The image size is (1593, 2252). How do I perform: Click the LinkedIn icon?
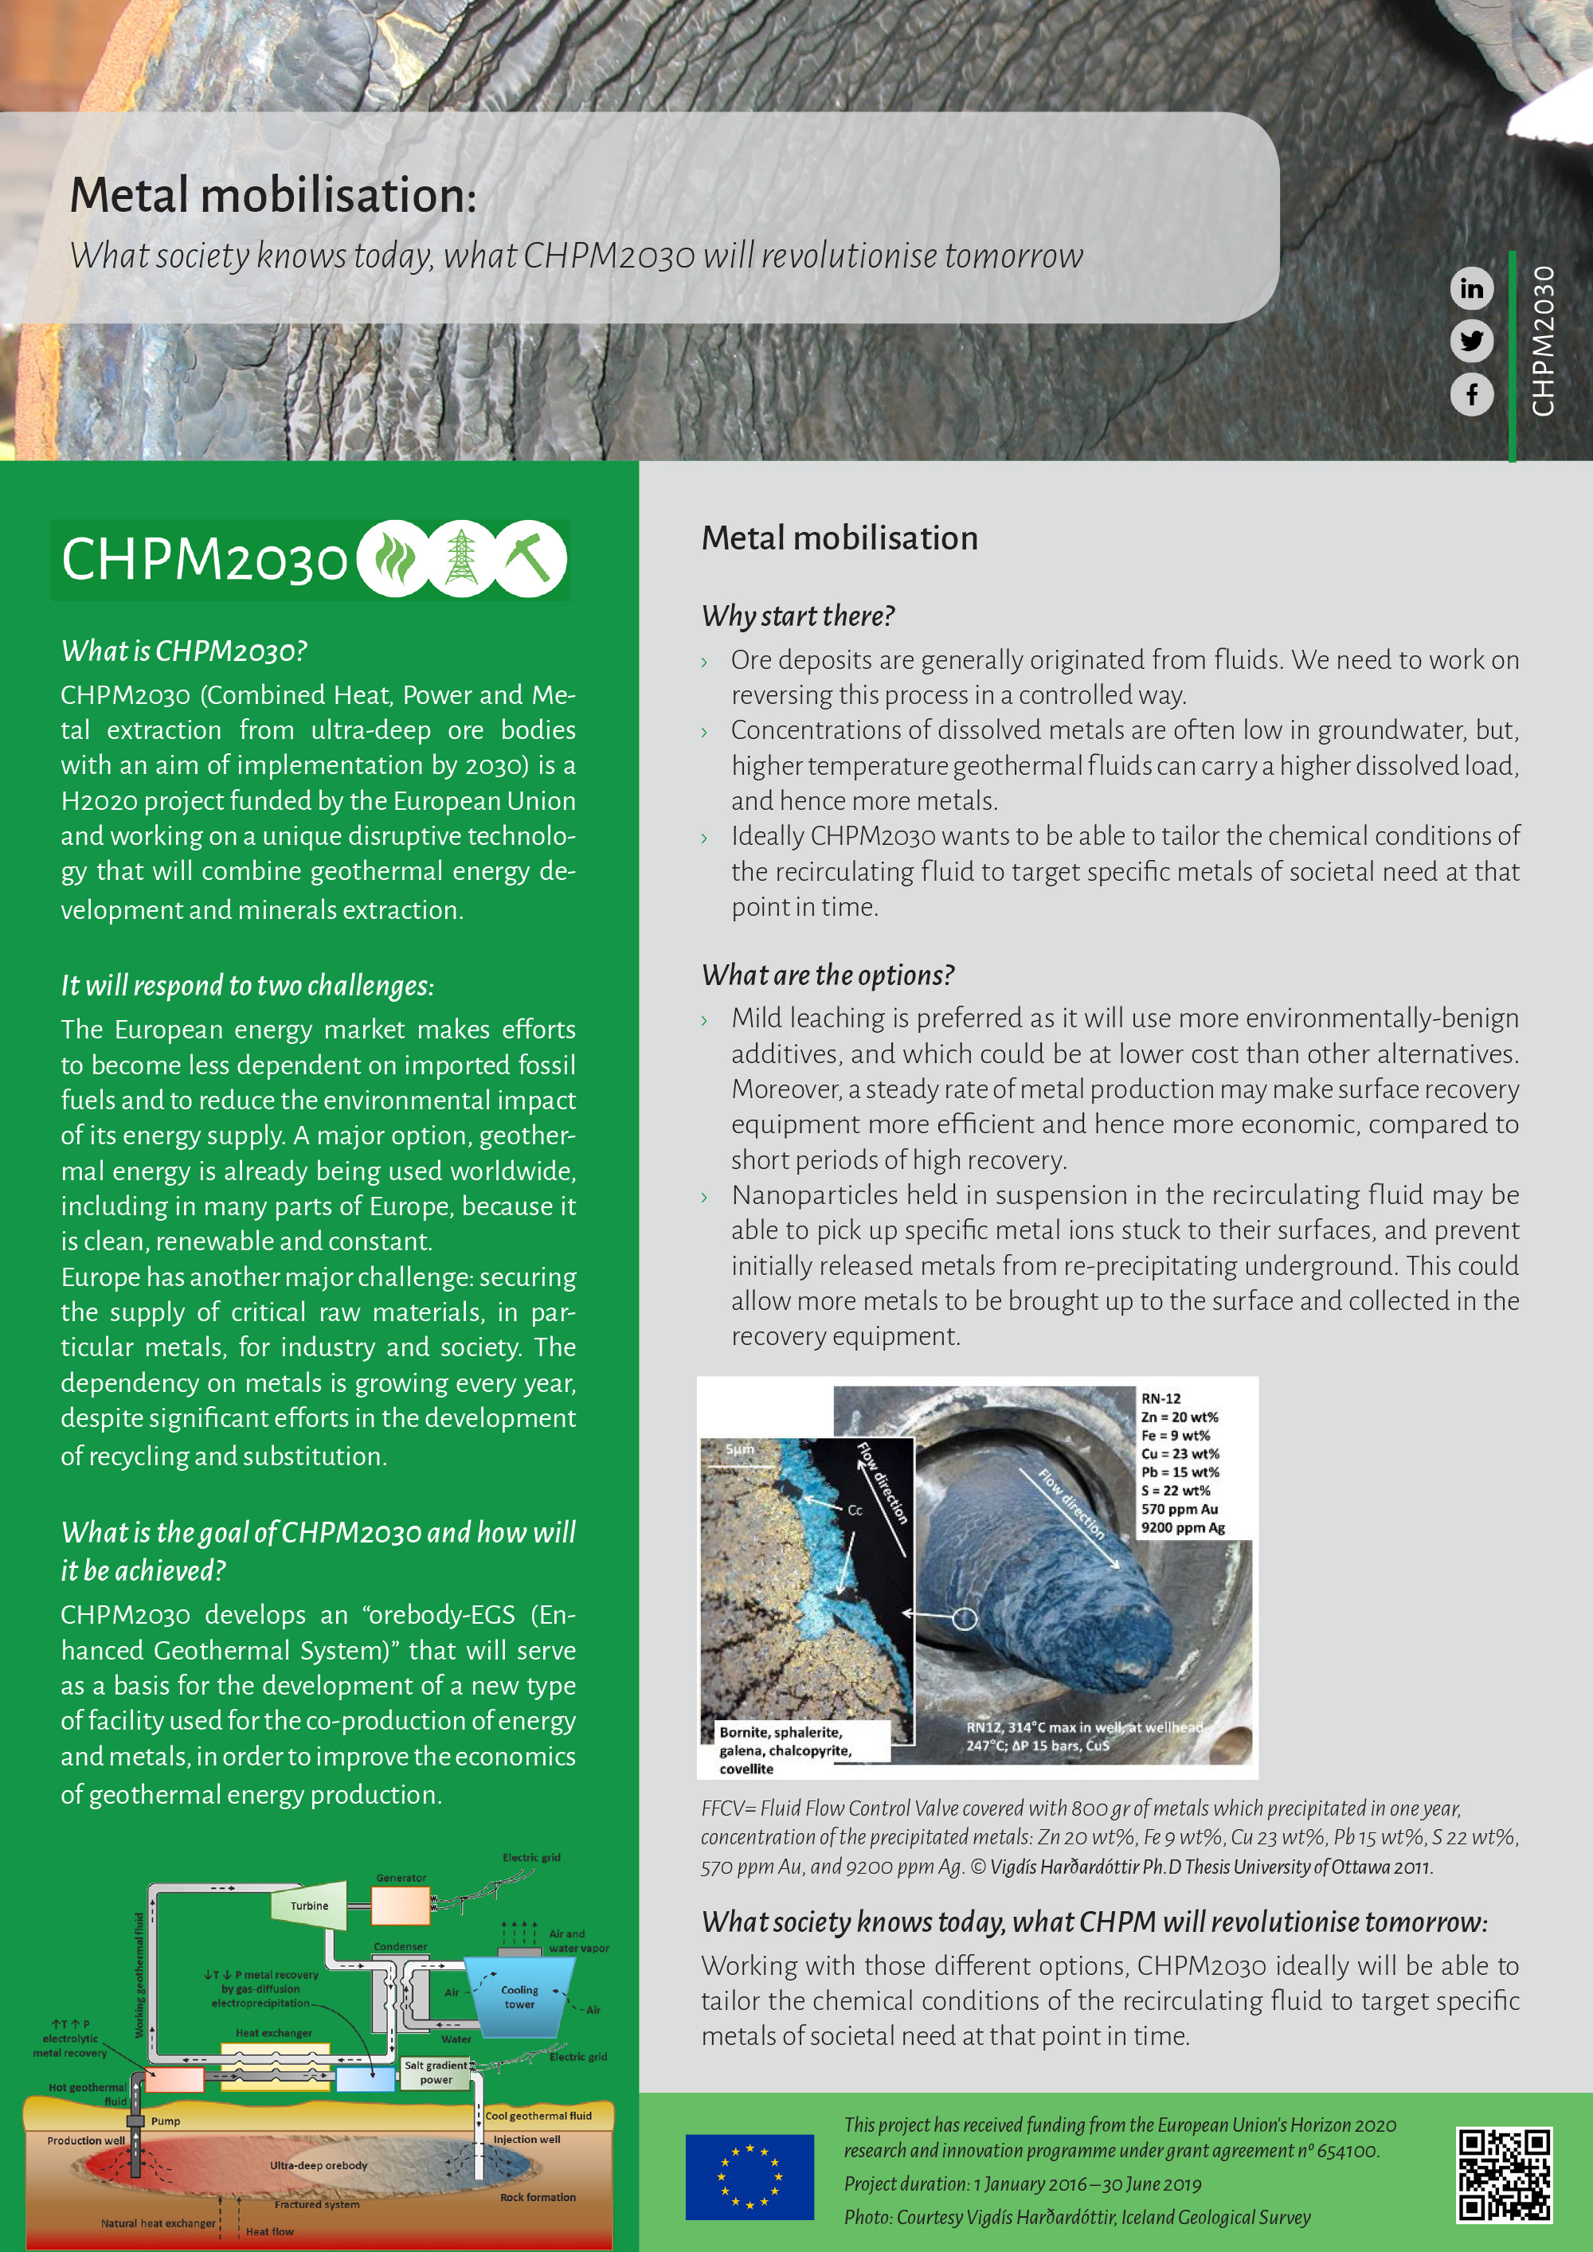coord(1471,288)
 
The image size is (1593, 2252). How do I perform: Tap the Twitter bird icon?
coord(1471,342)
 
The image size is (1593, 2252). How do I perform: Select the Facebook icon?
coord(1471,394)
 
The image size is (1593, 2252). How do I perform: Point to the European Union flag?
coord(750,2176)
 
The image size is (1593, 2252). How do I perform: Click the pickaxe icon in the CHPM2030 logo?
coord(530,559)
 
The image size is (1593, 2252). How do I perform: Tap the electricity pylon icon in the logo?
coord(461,559)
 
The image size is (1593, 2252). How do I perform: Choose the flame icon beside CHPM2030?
coord(393,559)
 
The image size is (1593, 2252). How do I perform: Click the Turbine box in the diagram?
coord(310,1905)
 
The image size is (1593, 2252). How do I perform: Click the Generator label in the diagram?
coord(401,1877)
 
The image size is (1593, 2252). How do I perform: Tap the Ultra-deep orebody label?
coord(319,2164)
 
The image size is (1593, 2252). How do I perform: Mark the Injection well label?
coord(526,2139)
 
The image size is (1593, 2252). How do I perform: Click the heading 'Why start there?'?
coord(797,616)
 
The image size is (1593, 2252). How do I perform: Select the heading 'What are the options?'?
coord(827,975)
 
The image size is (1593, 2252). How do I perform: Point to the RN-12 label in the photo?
coord(1161,1398)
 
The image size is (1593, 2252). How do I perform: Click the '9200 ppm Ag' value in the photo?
coord(1182,1527)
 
